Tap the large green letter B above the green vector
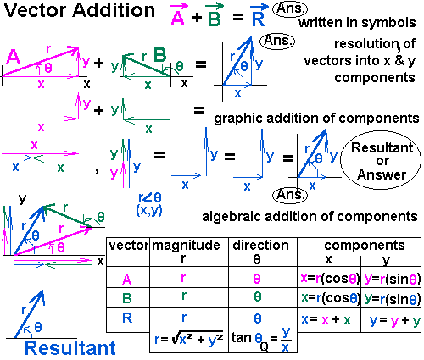(x=160, y=55)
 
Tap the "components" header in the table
(x=358, y=245)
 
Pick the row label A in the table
(x=127, y=278)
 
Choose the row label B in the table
(x=127, y=297)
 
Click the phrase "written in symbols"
(x=366, y=20)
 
